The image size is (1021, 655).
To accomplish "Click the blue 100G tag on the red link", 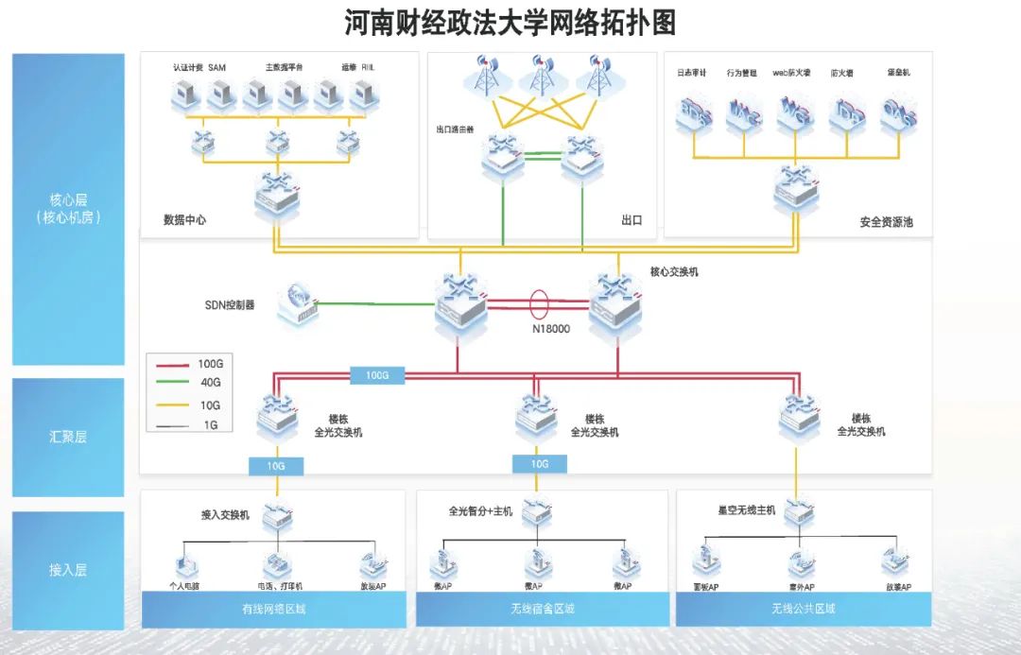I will point(377,375).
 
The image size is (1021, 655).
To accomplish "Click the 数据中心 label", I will point(184,220).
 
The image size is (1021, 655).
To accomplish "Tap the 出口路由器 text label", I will point(455,129).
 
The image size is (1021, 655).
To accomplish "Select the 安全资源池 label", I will point(886,223).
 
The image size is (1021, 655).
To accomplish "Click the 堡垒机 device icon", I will point(897,113).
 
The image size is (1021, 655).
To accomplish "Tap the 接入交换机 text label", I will point(226,515).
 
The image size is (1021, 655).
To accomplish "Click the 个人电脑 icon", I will point(185,564).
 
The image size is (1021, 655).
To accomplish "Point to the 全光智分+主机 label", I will point(480,511).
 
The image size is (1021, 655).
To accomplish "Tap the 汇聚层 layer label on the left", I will point(68,438).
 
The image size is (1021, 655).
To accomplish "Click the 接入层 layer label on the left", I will point(68,570).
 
